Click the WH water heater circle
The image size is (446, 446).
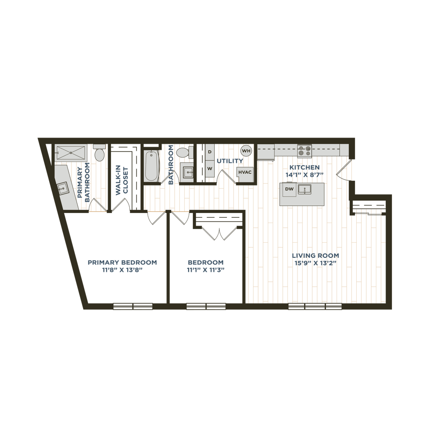coord(247,150)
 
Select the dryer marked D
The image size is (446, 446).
coord(209,152)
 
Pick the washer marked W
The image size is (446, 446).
coord(209,168)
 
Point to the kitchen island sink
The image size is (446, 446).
coord(304,189)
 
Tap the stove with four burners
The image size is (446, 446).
coord(304,150)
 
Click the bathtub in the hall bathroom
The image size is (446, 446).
coord(151,166)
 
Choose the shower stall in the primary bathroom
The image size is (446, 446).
coord(70,153)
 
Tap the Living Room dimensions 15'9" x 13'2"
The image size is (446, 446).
coord(315,263)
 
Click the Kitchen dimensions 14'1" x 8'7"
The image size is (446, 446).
coord(304,175)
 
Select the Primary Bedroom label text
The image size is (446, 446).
coord(122,263)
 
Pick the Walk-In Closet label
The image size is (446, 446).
coord(122,181)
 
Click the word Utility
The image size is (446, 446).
coord(230,161)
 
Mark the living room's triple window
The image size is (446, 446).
coord(315,306)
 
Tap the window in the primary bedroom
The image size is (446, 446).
coord(133,306)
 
